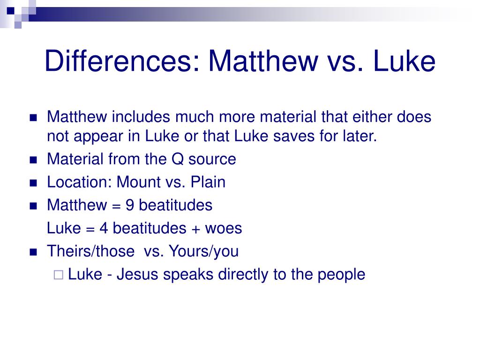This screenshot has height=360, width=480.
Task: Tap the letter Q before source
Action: pos(176,159)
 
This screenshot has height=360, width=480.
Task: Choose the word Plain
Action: pos(208,182)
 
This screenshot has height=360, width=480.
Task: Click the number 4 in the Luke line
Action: pos(104,228)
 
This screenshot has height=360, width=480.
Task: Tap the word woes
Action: pos(224,228)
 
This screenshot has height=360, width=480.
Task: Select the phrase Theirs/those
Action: pos(90,251)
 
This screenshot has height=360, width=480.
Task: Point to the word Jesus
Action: pos(137,274)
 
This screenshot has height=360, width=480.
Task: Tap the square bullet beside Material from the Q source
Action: pos(33,160)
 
